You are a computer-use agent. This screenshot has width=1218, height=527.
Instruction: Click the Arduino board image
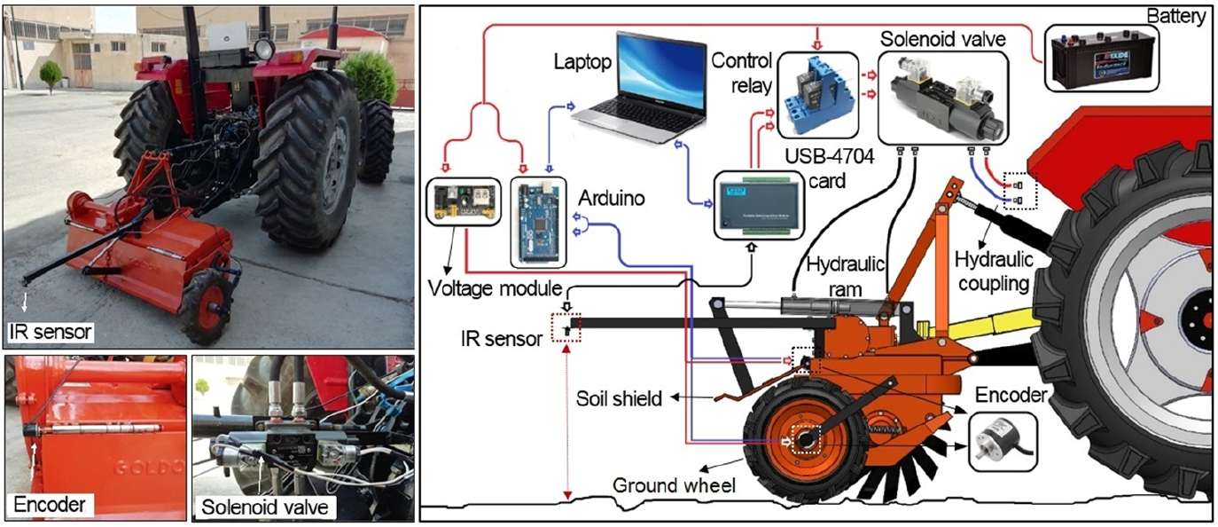click(538, 222)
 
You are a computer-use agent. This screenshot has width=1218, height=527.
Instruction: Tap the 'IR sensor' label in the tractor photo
click(51, 332)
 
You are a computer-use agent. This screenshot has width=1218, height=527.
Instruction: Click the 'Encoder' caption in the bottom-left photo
click(50, 505)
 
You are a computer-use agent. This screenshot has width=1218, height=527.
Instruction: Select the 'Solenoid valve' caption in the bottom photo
click(264, 507)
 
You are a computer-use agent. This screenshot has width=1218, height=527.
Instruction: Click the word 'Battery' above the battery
click(1176, 17)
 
